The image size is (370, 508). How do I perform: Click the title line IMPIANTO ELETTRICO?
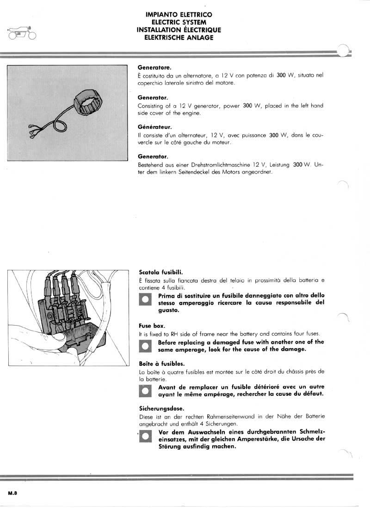pos(179,15)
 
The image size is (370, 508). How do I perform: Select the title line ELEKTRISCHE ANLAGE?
pos(179,37)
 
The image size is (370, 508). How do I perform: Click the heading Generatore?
pos(154,67)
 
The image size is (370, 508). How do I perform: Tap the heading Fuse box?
pos(152,326)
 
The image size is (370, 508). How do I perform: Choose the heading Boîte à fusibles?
pos(161,363)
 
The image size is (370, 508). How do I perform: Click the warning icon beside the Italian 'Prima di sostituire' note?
pos(146,300)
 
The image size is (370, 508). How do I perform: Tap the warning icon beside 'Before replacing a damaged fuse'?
pos(146,346)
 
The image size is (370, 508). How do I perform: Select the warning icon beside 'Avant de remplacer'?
pos(146,391)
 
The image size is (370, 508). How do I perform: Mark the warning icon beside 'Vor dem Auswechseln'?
pos(146,436)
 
